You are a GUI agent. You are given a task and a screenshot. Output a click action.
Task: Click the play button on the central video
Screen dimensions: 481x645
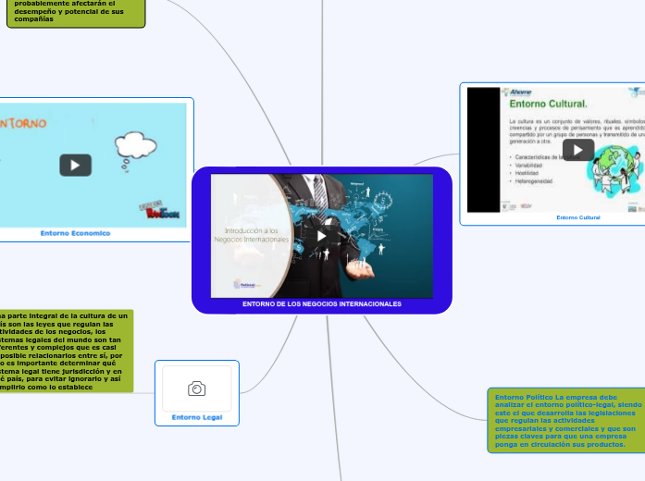(x=321, y=235)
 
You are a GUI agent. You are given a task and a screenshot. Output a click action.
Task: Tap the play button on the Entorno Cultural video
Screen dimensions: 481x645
(x=578, y=150)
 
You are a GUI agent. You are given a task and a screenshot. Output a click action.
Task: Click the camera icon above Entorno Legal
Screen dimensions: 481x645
(x=196, y=388)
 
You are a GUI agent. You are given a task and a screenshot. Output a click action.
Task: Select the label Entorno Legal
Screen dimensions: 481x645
(x=196, y=417)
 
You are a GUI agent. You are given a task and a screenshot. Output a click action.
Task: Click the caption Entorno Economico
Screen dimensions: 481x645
(x=75, y=233)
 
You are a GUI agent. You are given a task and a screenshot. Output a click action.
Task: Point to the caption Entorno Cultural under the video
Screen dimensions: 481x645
(x=577, y=217)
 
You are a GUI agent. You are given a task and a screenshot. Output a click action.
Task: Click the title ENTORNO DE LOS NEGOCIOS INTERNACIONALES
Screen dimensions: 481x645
(x=321, y=304)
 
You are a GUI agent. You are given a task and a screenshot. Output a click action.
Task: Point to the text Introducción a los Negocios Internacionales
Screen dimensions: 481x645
(x=253, y=235)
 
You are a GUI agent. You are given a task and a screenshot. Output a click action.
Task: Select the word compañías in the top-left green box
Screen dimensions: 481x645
(x=34, y=18)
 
